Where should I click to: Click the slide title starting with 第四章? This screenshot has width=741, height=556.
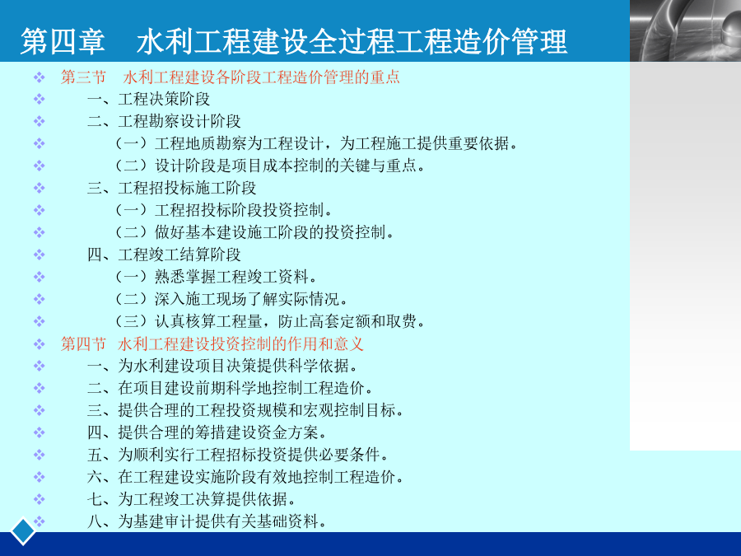tap(293, 41)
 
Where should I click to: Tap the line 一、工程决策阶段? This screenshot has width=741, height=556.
tap(148, 100)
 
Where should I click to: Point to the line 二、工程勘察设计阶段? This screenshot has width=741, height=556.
tap(164, 122)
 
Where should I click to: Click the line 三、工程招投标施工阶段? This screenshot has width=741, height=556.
tap(171, 188)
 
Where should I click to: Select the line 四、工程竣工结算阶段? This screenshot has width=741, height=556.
tap(164, 255)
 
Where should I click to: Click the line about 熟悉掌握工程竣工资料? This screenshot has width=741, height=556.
tap(216, 277)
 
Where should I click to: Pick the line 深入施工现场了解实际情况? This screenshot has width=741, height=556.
tap(231, 299)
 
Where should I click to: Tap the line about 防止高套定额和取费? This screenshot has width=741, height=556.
tap(270, 321)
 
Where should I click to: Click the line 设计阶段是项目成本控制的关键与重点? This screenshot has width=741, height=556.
tap(270, 166)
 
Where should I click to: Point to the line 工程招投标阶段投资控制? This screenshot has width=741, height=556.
tap(224, 210)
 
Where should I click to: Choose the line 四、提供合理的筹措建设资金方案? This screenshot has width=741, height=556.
tap(207, 432)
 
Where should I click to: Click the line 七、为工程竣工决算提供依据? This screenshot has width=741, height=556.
tap(192, 499)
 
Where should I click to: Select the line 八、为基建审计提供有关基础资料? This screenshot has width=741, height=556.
tap(207, 521)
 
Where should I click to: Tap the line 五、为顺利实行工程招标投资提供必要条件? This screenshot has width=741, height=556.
tap(238, 455)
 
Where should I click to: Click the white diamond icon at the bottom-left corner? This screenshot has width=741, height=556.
tap(23, 531)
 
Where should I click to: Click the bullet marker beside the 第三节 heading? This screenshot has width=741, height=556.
tap(40, 77)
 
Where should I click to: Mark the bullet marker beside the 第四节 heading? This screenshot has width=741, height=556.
tap(40, 343)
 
